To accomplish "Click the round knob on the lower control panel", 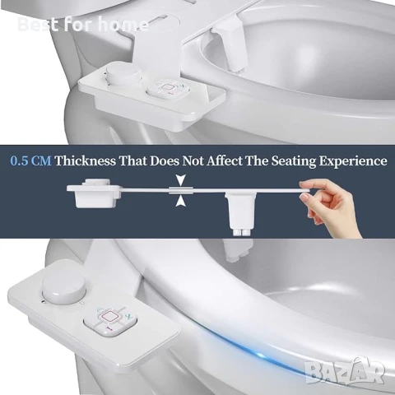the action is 64,288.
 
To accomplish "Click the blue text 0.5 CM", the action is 30,160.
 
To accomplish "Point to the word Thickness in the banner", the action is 86,160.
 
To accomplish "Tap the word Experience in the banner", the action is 353,161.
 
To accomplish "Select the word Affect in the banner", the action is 225,160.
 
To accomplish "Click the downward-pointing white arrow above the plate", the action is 181,180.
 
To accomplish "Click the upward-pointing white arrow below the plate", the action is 180,201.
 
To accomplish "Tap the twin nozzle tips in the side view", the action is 242,232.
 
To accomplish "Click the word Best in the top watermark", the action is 38,24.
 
